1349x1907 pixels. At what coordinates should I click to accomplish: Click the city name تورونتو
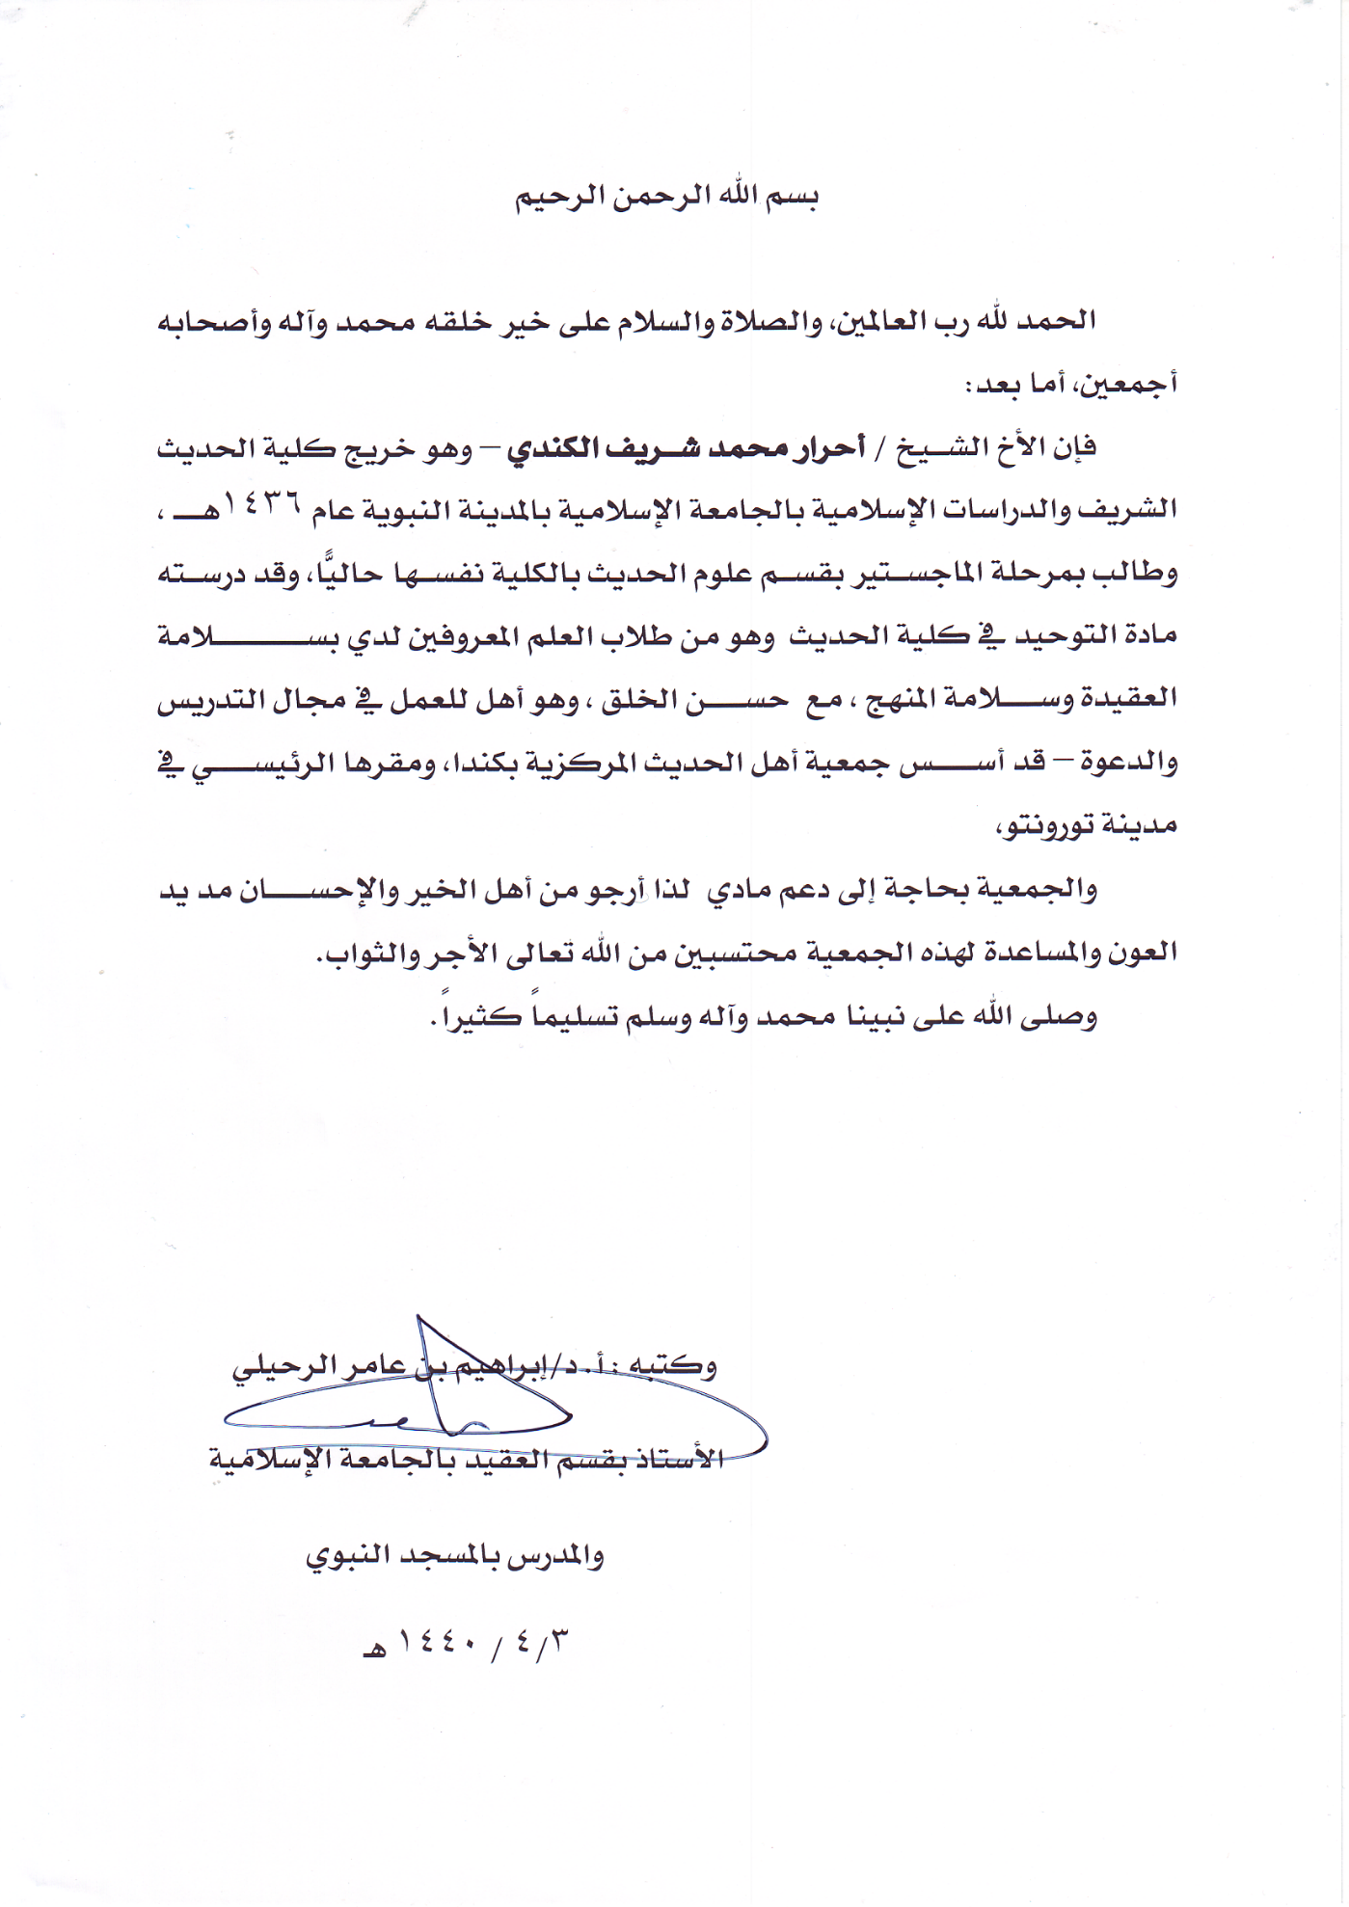pyautogui.click(x=1057, y=825)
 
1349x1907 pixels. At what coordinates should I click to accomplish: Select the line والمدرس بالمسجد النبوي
pyautogui.click(x=455, y=1556)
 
